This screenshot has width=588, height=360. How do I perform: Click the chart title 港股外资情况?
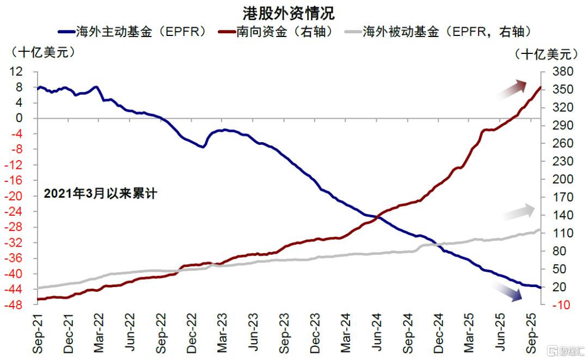point(289,13)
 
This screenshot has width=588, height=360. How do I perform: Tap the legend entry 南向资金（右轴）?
point(285,32)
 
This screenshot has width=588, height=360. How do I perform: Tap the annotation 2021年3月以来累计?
point(100,193)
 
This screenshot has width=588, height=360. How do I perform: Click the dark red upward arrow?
point(512,89)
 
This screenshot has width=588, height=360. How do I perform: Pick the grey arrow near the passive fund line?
point(518,212)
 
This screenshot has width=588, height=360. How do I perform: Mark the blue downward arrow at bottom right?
point(507,292)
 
